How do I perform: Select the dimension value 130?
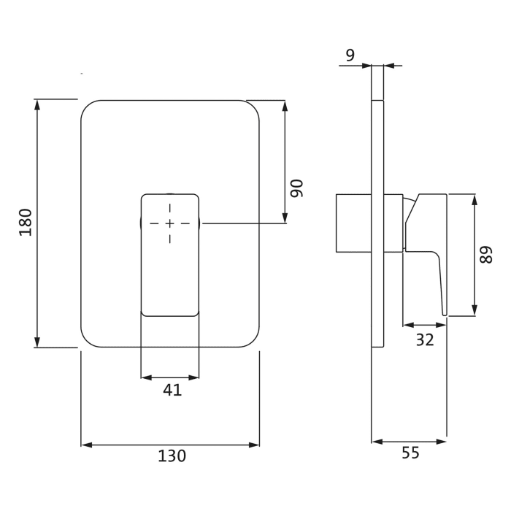click(x=172, y=456)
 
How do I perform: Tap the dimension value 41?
click(x=172, y=391)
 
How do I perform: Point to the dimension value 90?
click(x=296, y=188)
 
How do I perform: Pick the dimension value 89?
click(x=487, y=255)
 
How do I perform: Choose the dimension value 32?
click(x=424, y=339)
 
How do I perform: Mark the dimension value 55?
click(x=410, y=453)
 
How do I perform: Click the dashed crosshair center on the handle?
click(x=169, y=223)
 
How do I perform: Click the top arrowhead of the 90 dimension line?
click(x=285, y=104)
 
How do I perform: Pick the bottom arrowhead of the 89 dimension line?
click(x=475, y=311)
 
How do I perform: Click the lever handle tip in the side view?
click(x=444, y=312)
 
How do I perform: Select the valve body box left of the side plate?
click(x=353, y=223)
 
